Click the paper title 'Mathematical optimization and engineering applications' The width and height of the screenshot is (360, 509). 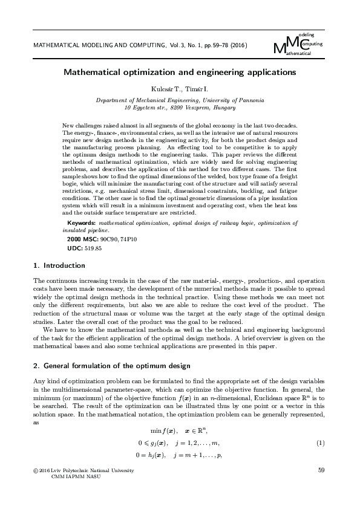[180, 72]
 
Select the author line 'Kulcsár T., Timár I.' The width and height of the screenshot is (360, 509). [180, 89]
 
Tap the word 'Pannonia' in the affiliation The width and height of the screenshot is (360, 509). [250, 100]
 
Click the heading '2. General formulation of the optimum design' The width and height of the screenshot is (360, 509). [112, 366]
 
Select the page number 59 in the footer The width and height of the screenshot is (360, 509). [321, 470]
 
